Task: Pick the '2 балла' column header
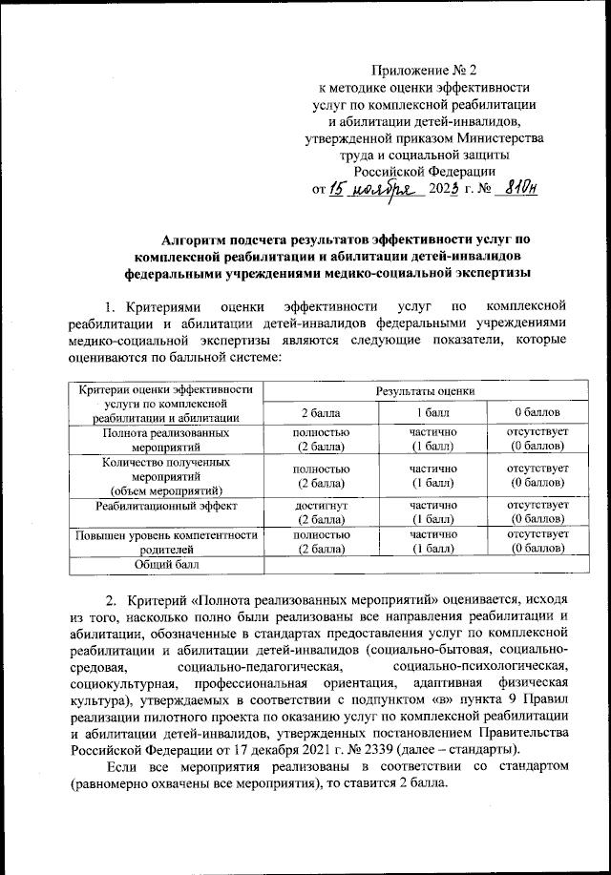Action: click(319, 412)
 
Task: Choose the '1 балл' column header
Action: click(432, 412)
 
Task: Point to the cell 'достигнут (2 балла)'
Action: click(319, 510)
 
